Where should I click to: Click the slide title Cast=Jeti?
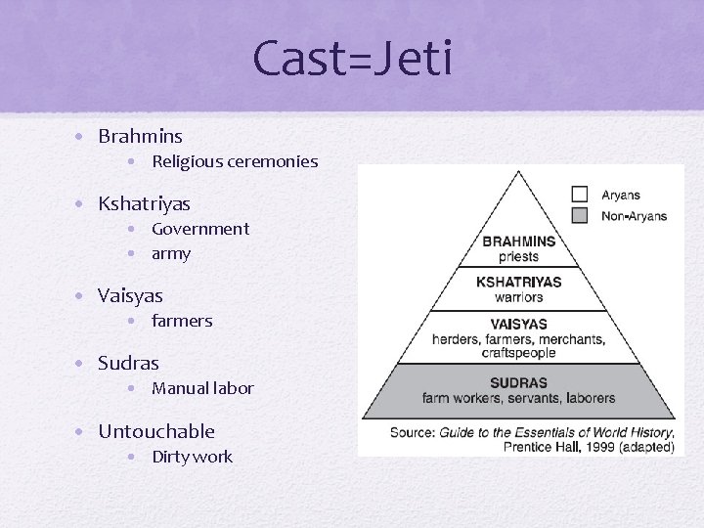tap(352, 58)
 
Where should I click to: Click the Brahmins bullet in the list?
tap(140, 137)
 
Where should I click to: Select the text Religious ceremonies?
tap(235, 161)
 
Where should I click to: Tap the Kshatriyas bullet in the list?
tap(144, 204)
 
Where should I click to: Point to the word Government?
tap(200, 229)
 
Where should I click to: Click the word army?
tap(171, 253)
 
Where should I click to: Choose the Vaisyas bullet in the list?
tap(130, 295)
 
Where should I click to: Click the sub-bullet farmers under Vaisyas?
tap(182, 321)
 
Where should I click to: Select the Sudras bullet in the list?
tap(128, 364)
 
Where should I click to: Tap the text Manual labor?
tap(202, 388)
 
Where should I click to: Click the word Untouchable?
tap(156, 431)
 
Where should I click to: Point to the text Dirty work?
tap(192, 457)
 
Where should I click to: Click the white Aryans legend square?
tap(580, 195)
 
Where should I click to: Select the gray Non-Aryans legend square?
tap(580, 215)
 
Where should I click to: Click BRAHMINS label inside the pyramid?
tap(518, 242)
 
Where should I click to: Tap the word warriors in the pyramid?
tap(518, 296)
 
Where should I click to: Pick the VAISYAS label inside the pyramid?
tap(518, 324)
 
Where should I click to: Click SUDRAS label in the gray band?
tap(518, 382)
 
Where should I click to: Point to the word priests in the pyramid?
tap(518, 256)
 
